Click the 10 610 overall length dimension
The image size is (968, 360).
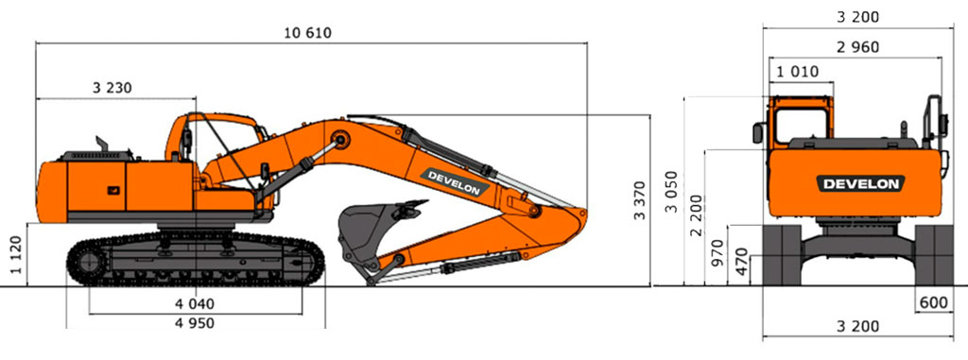click(307, 33)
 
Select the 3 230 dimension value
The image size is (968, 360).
click(112, 88)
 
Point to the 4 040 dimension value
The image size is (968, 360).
click(196, 304)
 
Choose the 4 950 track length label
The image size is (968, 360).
click(196, 323)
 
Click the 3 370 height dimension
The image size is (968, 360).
click(640, 200)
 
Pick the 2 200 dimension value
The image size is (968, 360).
click(697, 214)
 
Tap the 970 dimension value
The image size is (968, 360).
click(717, 254)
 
